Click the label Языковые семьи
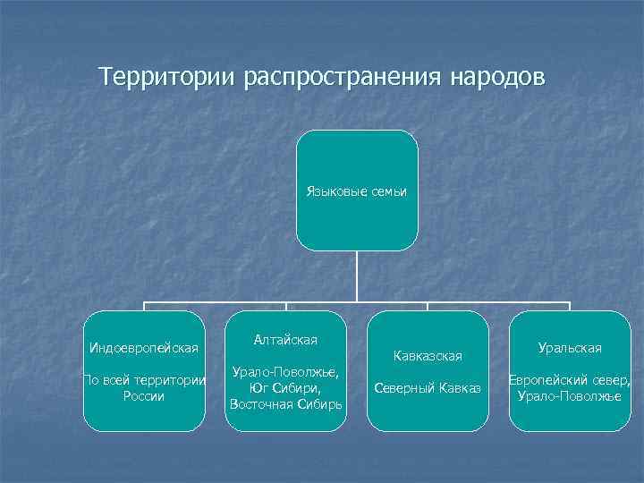coord(357,191)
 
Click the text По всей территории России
coord(144,388)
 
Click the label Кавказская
coord(428,356)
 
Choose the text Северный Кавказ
coord(428,388)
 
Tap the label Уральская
coord(570,347)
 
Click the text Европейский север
coord(570,380)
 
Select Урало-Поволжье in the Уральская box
coord(570,396)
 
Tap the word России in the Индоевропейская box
coord(144,396)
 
